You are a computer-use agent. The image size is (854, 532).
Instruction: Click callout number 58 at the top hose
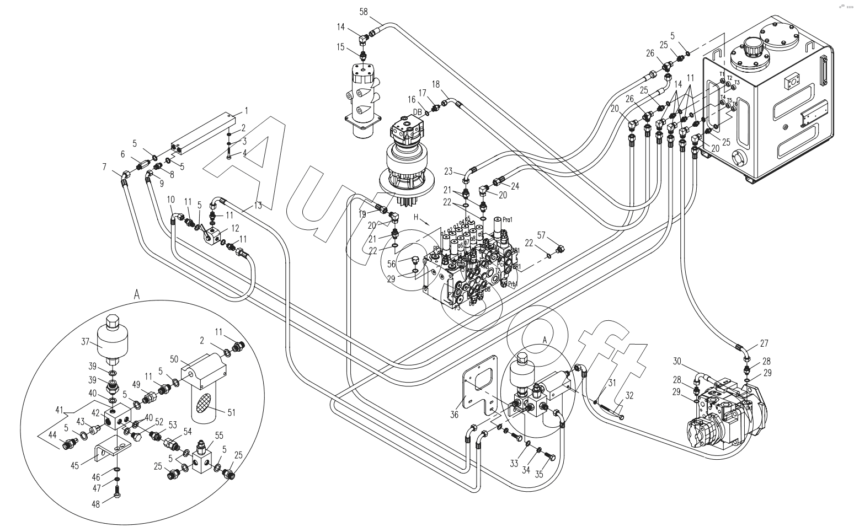coord(364,11)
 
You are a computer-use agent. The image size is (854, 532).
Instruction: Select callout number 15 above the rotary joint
coord(341,47)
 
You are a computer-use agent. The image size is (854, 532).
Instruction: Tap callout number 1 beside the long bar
coord(246,111)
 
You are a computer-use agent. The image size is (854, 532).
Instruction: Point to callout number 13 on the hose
coord(258,205)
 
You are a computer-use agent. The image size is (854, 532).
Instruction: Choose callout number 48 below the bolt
coord(95,504)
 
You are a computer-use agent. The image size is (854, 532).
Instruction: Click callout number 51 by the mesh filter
coord(231,411)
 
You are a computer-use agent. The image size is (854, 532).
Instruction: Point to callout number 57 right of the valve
coord(542,236)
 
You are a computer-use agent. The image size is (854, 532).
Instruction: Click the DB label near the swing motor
coord(418,112)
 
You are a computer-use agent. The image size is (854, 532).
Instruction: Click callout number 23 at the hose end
coord(449,170)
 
